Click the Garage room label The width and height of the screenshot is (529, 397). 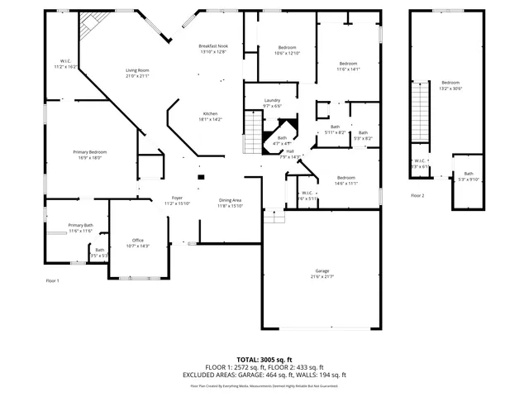tap(322, 274)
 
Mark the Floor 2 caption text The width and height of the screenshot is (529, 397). tap(417, 196)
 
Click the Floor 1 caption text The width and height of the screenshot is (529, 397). tap(52, 281)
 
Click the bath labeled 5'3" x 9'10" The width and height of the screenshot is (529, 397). tap(469, 176)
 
